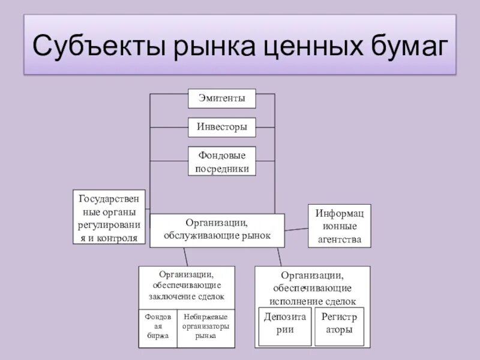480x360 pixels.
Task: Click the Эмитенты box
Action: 221,98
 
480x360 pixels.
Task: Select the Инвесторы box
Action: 221,127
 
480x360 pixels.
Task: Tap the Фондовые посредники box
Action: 221,161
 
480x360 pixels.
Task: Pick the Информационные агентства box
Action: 339,226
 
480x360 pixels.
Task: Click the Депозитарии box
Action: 285,325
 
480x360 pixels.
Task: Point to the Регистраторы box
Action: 339,325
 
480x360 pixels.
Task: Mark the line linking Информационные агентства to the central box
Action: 296,229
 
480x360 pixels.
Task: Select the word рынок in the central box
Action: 256,236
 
